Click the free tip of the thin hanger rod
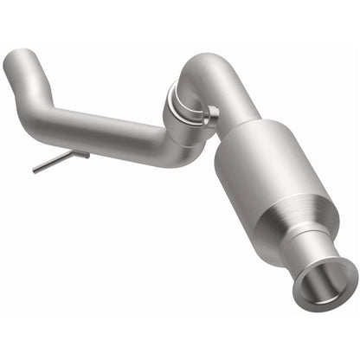pos(35,171)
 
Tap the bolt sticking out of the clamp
pos(212,112)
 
